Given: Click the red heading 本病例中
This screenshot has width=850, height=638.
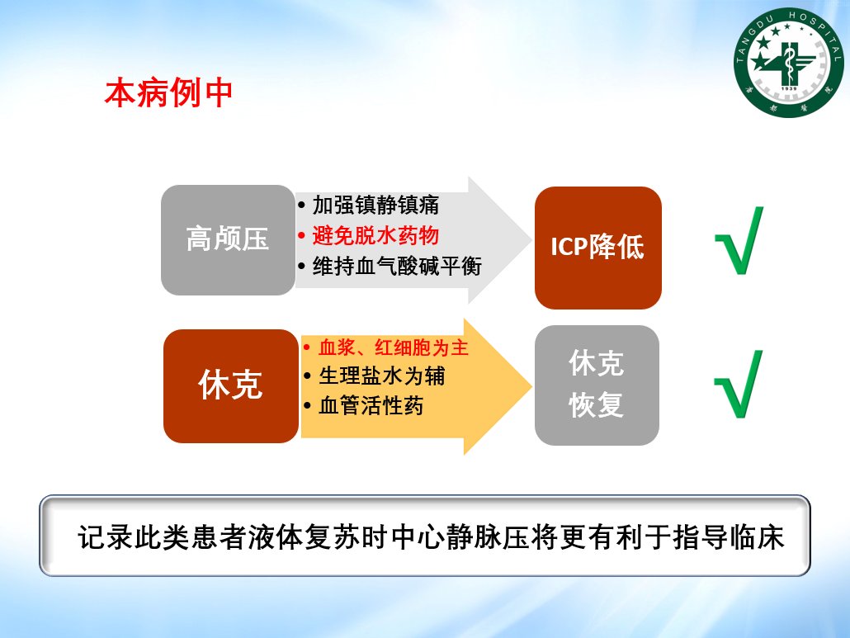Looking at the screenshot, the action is coord(168,92).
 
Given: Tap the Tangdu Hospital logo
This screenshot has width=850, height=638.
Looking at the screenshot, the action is coord(789,63).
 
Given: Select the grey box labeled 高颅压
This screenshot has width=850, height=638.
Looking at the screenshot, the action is coord(229,240).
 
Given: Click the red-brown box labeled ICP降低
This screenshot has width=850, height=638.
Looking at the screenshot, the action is coord(598,248).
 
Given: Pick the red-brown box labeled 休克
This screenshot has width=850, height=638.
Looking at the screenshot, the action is coord(231,386).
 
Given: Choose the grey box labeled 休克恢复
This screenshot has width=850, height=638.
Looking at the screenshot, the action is coord(597,385).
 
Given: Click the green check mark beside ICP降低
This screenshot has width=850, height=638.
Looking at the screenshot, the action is coord(739,241).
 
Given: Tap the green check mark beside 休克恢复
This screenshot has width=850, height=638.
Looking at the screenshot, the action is coord(739,384).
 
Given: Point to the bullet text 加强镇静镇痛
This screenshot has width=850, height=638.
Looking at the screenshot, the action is coord(375,206).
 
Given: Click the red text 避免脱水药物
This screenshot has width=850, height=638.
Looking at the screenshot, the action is coord(375,236).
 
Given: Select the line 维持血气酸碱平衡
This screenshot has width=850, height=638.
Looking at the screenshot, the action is coord(397,266).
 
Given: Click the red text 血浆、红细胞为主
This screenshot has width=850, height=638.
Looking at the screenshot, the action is coord(394,347).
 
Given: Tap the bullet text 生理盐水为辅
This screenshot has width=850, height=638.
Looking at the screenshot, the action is coord(381,376).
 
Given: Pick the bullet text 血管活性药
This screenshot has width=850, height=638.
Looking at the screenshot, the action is coord(371,405).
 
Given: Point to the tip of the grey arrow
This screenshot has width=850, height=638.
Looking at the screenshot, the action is coord(531,240).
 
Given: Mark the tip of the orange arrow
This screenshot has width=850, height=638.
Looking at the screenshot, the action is coord(531,386).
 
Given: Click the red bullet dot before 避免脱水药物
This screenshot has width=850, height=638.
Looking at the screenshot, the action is coord(302,236).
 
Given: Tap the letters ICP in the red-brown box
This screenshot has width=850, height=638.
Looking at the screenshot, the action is coord(569,247).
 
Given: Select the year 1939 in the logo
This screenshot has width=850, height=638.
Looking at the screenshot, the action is coord(789,88).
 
